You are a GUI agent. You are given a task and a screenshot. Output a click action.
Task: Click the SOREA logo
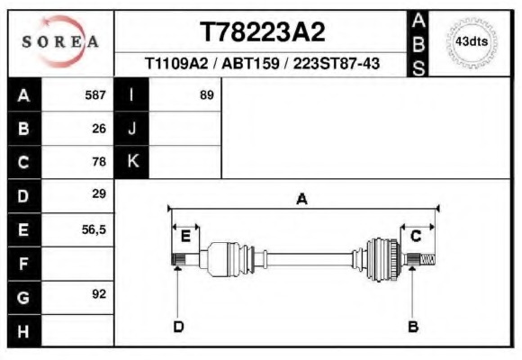[x=61, y=41]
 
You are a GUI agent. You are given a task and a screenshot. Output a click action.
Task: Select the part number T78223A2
[x=262, y=32]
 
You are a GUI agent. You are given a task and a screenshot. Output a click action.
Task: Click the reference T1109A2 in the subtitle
[x=176, y=65]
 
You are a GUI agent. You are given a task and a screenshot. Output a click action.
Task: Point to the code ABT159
[x=247, y=65]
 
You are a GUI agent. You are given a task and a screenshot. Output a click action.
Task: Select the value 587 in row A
[x=95, y=94]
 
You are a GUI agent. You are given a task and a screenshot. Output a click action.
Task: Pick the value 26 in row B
[x=99, y=128]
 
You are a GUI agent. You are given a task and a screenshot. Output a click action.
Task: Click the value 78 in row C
[x=99, y=162]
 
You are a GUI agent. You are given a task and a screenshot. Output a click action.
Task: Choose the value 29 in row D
[x=99, y=193]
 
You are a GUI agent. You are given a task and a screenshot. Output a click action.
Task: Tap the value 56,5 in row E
[x=94, y=229]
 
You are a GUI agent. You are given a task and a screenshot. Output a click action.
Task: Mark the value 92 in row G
[x=99, y=294]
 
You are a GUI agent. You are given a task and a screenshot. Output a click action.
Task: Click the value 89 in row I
[x=206, y=94]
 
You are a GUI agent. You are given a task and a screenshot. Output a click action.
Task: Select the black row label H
[x=23, y=330]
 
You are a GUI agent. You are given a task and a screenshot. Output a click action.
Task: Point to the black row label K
[x=132, y=161]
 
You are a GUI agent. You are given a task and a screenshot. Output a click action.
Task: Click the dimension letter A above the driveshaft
[x=301, y=200]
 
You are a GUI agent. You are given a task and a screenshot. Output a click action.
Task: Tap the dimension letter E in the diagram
[x=184, y=236]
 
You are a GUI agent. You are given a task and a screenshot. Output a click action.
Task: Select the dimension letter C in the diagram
[x=416, y=236]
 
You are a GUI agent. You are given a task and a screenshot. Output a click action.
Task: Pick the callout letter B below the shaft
[x=413, y=326]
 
